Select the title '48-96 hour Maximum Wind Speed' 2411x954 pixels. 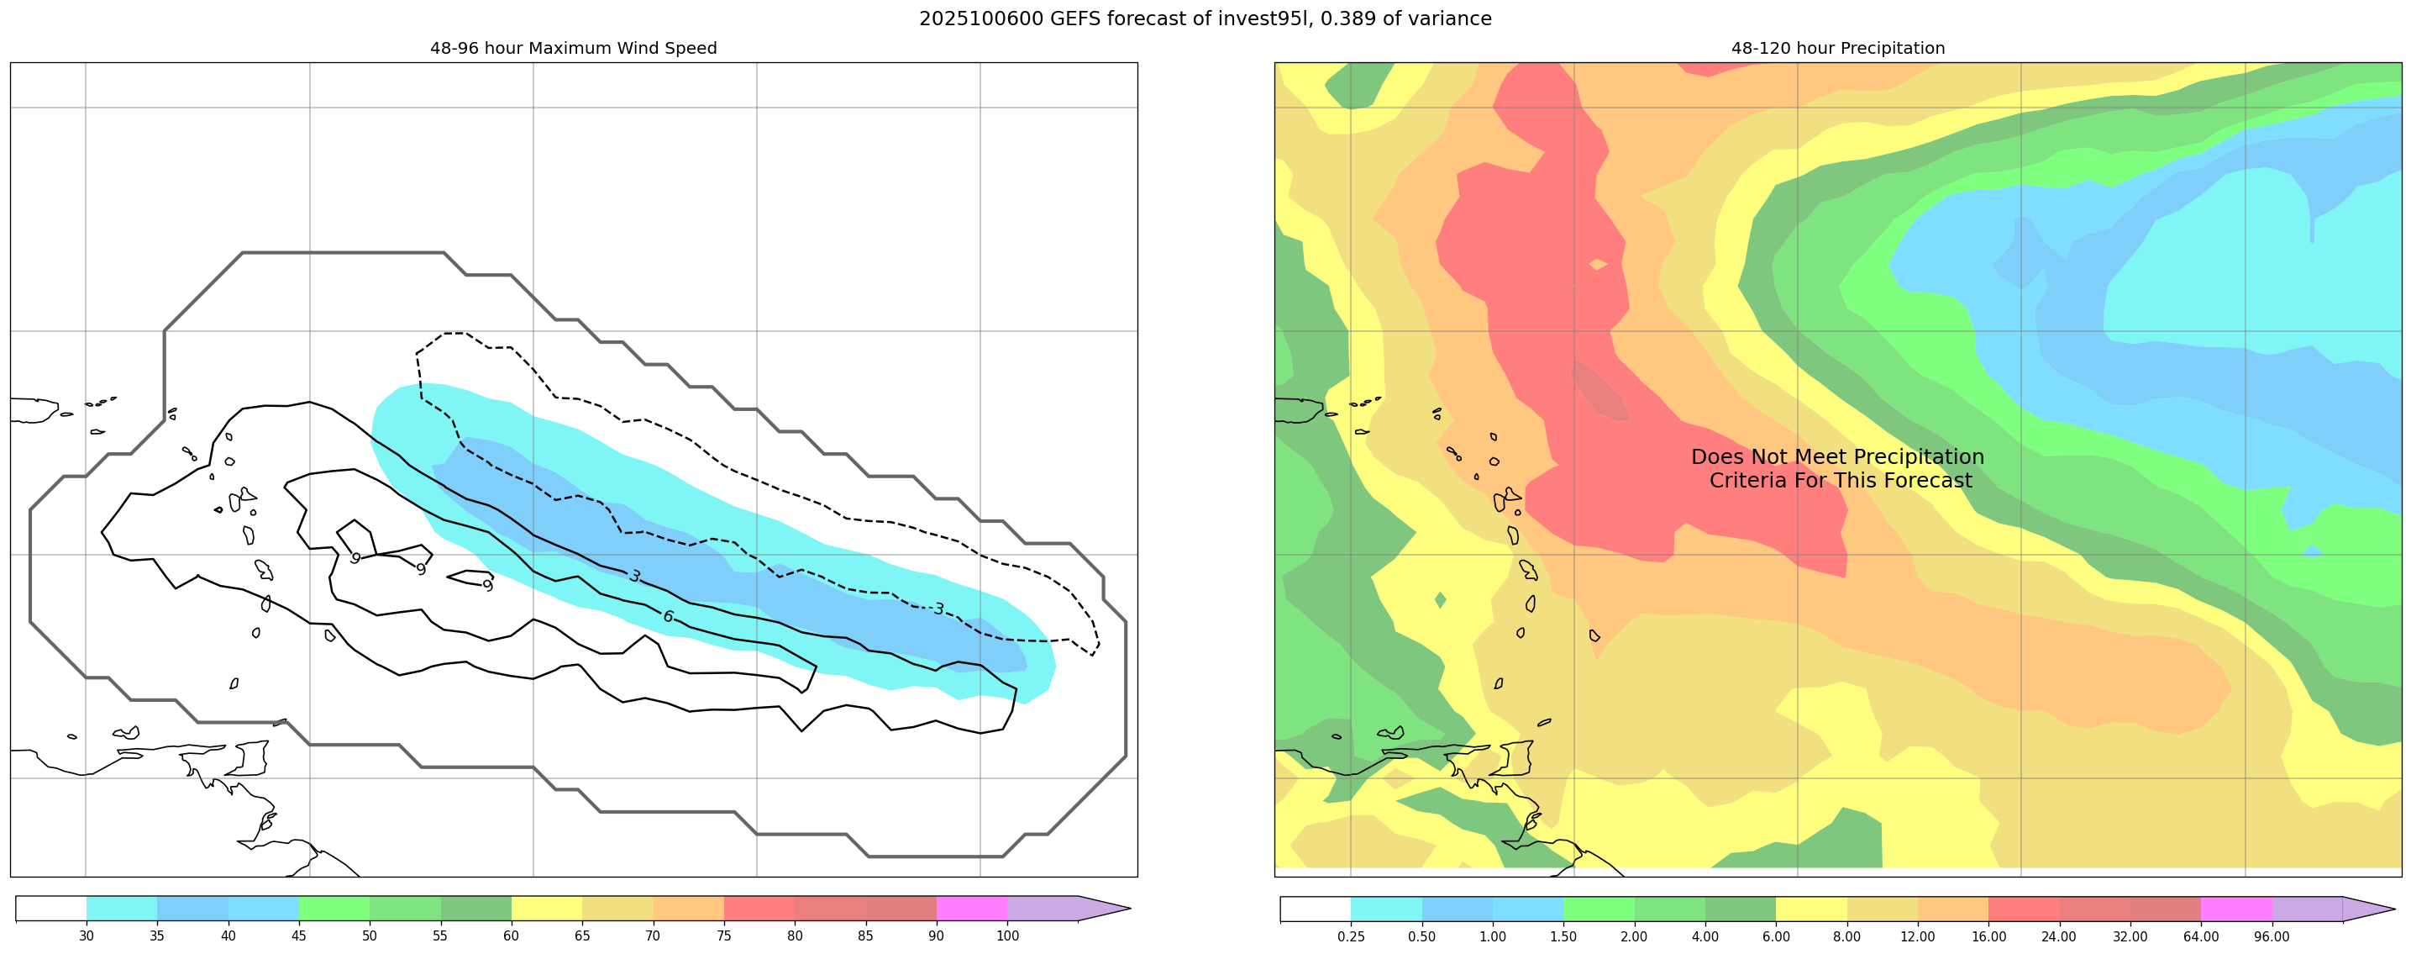[573, 49]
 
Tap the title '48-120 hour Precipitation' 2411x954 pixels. [1837, 49]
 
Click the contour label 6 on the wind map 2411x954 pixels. [667, 616]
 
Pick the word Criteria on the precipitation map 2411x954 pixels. [1747, 480]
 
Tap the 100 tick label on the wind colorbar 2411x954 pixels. [1007, 936]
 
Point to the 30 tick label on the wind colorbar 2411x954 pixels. [86, 936]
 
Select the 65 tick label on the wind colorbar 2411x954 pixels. [582, 936]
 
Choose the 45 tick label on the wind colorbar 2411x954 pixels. [298, 936]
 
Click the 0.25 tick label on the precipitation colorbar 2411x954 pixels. [1351, 936]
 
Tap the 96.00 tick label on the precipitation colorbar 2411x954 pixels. [2272, 936]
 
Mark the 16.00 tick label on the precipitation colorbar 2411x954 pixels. [1988, 936]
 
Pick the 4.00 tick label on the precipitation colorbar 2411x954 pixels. [1705, 936]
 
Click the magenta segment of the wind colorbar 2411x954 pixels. [971, 908]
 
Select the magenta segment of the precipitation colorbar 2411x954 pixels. [2236, 908]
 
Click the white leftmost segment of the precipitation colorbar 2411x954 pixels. [1315, 908]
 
